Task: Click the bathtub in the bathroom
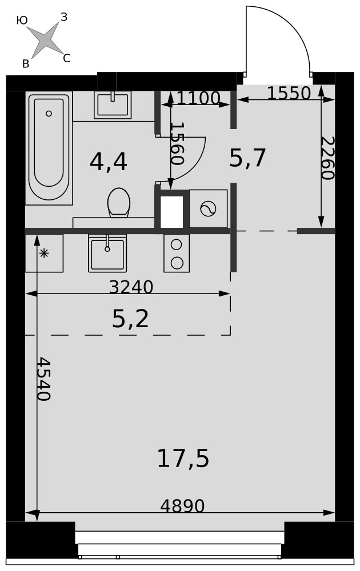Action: [x=49, y=148]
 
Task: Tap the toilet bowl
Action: [x=119, y=203]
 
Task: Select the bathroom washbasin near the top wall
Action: [x=113, y=105]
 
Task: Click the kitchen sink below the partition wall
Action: [x=107, y=253]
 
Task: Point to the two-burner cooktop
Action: [x=177, y=253]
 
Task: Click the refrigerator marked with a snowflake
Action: [x=44, y=253]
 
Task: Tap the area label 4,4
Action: [x=108, y=162]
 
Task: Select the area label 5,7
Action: [x=247, y=158]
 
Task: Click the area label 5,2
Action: [x=130, y=319]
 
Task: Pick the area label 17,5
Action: [x=183, y=458]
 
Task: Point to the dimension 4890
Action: [x=182, y=506]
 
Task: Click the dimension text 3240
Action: [x=131, y=287]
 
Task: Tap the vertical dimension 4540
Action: [x=44, y=379]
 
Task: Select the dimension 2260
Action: [x=327, y=158]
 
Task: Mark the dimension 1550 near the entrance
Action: [x=289, y=93]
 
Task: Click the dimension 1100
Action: [x=199, y=98]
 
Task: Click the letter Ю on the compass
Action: [x=22, y=21]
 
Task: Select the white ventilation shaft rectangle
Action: [x=171, y=212]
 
